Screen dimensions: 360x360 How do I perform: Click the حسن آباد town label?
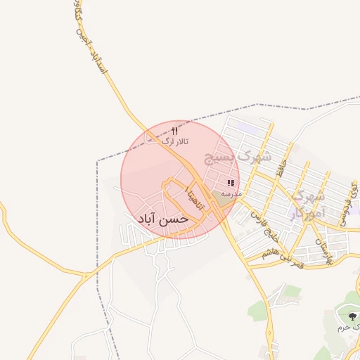click(x=164, y=219)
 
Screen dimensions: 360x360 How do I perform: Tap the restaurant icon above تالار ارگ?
click(x=175, y=131)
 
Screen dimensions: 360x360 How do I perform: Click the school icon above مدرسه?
click(x=230, y=184)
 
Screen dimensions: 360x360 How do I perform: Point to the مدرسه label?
click(x=231, y=193)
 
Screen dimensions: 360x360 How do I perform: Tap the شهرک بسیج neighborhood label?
click(x=237, y=157)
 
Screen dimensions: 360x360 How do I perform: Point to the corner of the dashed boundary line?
click(x=97, y=161)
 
